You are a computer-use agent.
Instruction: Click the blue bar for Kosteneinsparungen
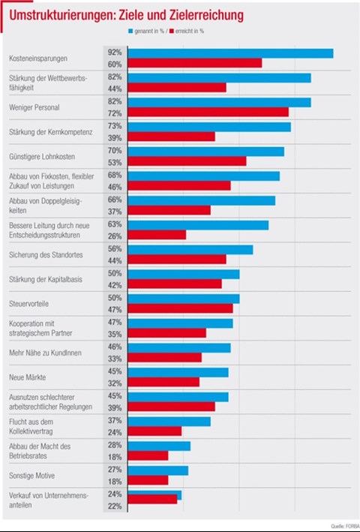click(230, 53)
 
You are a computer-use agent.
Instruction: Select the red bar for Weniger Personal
click(208, 112)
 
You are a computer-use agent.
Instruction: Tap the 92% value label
click(115, 53)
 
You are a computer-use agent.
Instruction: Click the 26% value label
click(115, 236)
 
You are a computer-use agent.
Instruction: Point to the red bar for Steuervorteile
click(180, 308)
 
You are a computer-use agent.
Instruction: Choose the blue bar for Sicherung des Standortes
click(190, 250)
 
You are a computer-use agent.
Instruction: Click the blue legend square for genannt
click(130, 32)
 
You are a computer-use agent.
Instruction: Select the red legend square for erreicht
click(172, 32)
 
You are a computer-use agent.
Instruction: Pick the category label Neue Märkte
click(28, 377)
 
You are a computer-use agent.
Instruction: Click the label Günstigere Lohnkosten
click(42, 157)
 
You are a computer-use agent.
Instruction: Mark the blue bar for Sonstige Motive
click(158, 470)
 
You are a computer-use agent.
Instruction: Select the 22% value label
click(115, 506)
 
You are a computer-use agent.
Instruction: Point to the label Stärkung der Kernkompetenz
click(50, 132)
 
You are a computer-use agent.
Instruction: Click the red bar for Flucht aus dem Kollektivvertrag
click(154, 431)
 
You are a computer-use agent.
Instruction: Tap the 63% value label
click(115, 224)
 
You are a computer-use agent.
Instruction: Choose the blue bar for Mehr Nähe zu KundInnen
click(179, 347)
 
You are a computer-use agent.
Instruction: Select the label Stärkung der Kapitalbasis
click(46, 280)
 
